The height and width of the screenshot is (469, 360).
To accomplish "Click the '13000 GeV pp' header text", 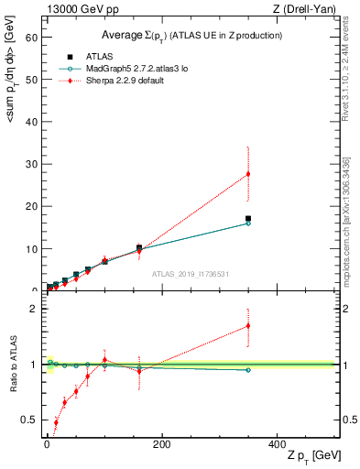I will [79, 9].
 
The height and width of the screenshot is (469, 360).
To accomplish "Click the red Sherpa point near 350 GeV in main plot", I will [248, 174].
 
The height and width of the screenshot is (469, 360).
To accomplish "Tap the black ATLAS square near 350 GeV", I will [248, 219].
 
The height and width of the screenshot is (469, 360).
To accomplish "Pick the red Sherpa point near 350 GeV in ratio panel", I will [248, 325].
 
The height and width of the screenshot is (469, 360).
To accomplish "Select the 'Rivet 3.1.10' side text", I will [346, 87].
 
